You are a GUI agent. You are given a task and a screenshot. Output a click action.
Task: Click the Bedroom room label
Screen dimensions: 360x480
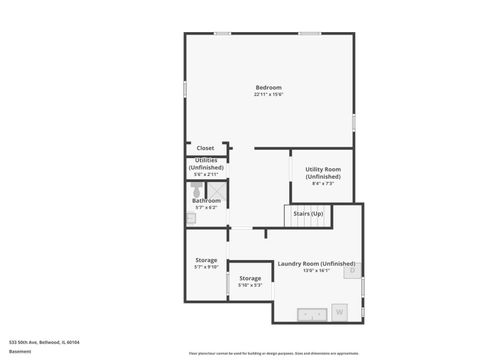pos(269,87)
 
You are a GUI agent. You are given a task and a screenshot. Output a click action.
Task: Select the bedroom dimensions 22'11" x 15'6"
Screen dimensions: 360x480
pos(269,95)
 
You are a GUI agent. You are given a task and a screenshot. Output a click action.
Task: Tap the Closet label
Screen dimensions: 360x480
pos(205,148)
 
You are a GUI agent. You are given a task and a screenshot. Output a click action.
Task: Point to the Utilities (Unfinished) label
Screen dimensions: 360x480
pos(206,164)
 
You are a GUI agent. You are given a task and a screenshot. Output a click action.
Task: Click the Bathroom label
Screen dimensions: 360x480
pos(206,200)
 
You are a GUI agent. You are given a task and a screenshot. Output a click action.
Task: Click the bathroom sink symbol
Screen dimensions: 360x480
pos(190,217)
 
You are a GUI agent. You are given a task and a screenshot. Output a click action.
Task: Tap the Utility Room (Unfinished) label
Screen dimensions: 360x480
pos(323,173)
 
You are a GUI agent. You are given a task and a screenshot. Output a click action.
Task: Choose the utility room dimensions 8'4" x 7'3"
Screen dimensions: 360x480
pos(323,184)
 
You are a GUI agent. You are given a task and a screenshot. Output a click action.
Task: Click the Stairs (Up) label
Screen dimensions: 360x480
pos(308,214)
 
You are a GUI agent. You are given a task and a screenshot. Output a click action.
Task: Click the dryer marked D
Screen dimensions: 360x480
pos(351,269)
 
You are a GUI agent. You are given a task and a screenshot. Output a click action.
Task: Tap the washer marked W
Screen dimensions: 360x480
pos(339,312)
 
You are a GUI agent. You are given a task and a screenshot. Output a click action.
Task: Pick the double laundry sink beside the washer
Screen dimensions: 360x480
pos(313,314)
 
